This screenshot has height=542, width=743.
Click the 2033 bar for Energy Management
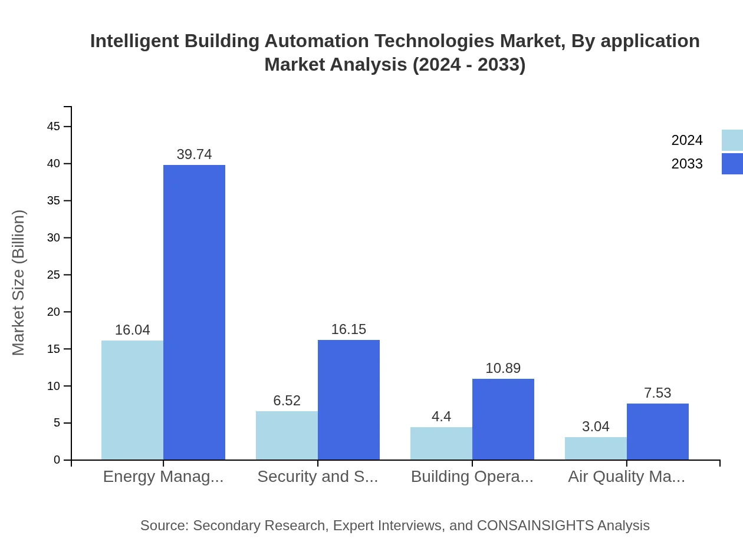(194, 312)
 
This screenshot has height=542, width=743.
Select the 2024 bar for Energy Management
(132, 400)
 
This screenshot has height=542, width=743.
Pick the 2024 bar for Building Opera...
(441, 444)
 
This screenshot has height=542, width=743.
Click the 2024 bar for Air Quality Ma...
(596, 448)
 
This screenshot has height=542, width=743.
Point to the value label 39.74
(194, 154)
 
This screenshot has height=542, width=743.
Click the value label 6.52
(287, 401)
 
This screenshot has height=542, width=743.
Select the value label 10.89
(503, 368)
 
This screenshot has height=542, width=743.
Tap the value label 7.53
(657, 393)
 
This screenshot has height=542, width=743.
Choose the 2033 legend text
(687, 164)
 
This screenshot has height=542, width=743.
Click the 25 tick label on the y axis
(54, 275)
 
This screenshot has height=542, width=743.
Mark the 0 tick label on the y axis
(57, 460)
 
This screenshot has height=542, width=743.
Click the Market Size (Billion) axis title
(18, 283)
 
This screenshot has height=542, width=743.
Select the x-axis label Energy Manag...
(163, 477)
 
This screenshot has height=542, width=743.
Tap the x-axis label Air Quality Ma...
(626, 477)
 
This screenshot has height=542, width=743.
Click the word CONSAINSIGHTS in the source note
(535, 526)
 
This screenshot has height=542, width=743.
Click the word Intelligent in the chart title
(134, 41)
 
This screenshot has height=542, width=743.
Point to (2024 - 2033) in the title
(469, 65)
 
